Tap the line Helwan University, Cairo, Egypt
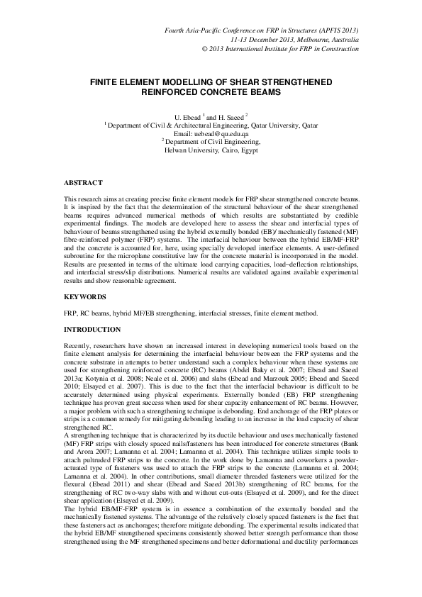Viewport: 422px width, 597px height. click(x=211, y=150)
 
